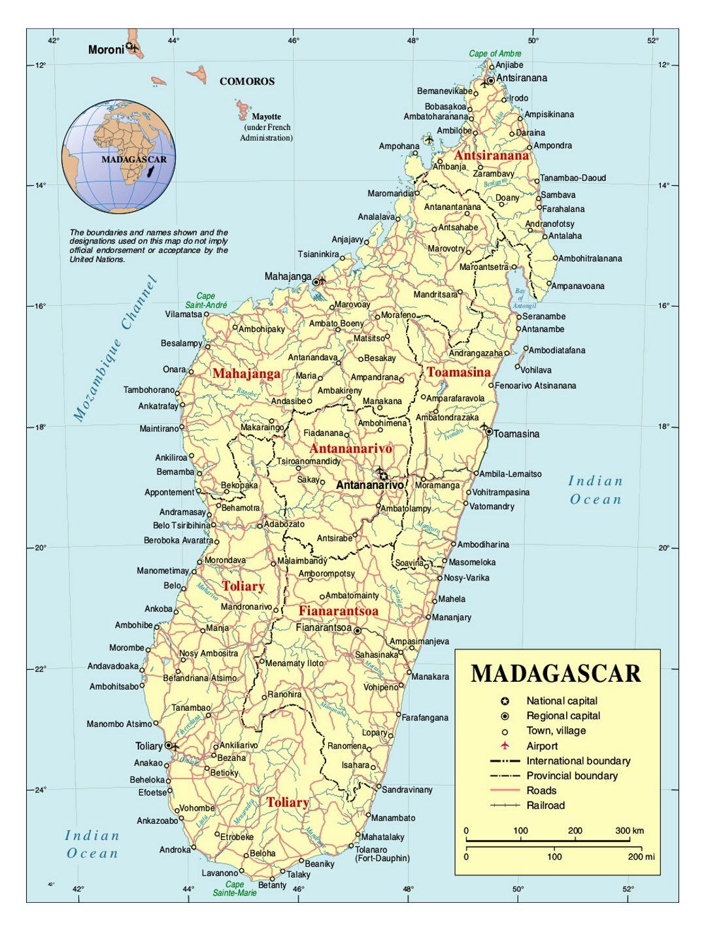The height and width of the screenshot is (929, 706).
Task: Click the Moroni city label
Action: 106,50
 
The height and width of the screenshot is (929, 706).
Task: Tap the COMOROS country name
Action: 247,82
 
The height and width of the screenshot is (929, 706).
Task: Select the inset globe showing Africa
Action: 119,157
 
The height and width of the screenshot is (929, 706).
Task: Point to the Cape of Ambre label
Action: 495,54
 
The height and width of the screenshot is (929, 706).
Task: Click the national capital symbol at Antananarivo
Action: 383,476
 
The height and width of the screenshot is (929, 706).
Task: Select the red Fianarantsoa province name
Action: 339,611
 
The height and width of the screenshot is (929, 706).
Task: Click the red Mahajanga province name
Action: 246,374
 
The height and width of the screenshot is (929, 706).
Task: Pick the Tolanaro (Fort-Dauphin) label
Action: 382,854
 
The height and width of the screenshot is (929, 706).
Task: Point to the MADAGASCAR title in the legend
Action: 556,673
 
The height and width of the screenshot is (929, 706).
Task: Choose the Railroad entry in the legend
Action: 545,805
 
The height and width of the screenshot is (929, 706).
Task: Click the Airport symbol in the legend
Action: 504,746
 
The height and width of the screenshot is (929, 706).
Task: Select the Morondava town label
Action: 225,560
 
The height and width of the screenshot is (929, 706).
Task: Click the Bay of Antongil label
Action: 521,298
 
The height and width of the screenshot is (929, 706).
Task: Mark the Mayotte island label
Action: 266,116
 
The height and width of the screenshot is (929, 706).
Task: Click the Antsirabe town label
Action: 334,538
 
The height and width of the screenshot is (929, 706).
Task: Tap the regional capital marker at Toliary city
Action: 169,745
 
